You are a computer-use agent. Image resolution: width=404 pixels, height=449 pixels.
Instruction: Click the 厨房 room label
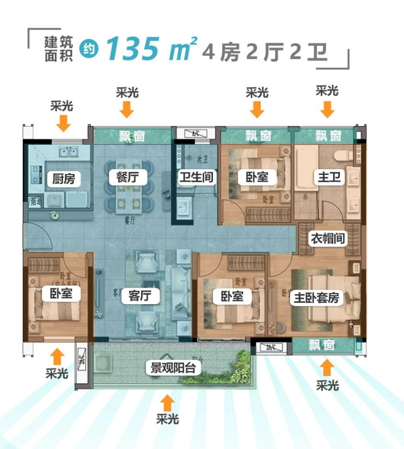click(x=64, y=179)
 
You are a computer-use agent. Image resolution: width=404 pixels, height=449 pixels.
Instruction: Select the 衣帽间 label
click(x=328, y=238)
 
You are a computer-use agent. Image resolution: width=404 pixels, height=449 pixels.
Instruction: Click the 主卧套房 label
click(x=317, y=298)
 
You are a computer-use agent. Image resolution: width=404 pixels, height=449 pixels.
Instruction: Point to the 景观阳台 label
click(x=173, y=368)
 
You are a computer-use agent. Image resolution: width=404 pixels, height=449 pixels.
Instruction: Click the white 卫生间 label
click(x=197, y=177)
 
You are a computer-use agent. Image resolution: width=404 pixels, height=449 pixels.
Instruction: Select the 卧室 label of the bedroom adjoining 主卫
click(x=257, y=177)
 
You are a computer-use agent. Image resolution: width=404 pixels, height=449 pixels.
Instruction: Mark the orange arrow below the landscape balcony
click(x=168, y=403)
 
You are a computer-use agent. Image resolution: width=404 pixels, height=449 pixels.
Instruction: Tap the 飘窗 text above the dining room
click(x=133, y=136)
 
